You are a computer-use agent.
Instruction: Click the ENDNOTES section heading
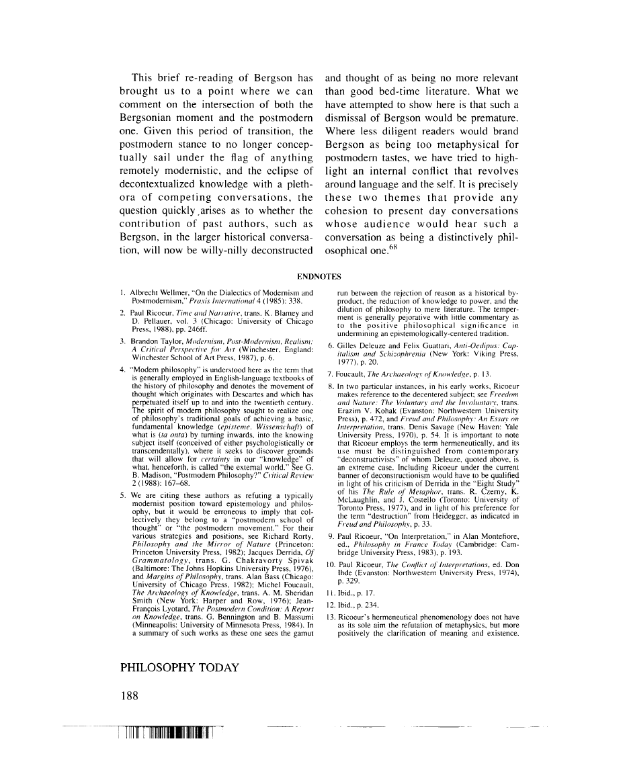[319, 275]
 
